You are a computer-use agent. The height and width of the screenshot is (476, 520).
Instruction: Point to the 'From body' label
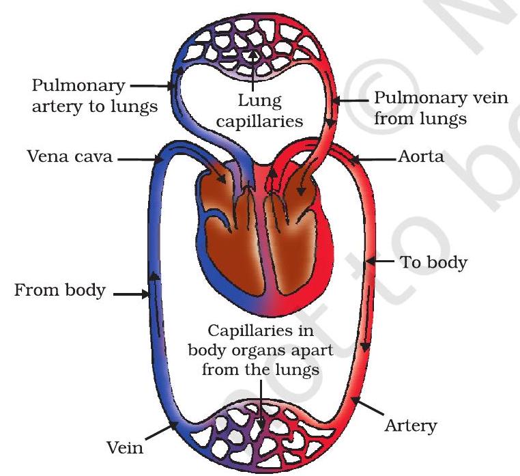click(x=60, y=291)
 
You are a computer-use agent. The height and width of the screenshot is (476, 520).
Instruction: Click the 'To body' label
click(x=433, y=262)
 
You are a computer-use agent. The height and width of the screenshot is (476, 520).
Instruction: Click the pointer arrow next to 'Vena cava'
click(x=139, y=159)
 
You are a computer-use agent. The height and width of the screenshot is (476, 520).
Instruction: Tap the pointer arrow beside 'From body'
click(x=130, y=295)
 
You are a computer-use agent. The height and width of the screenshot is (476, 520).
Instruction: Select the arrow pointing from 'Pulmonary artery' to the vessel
click(x=151, y=87)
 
